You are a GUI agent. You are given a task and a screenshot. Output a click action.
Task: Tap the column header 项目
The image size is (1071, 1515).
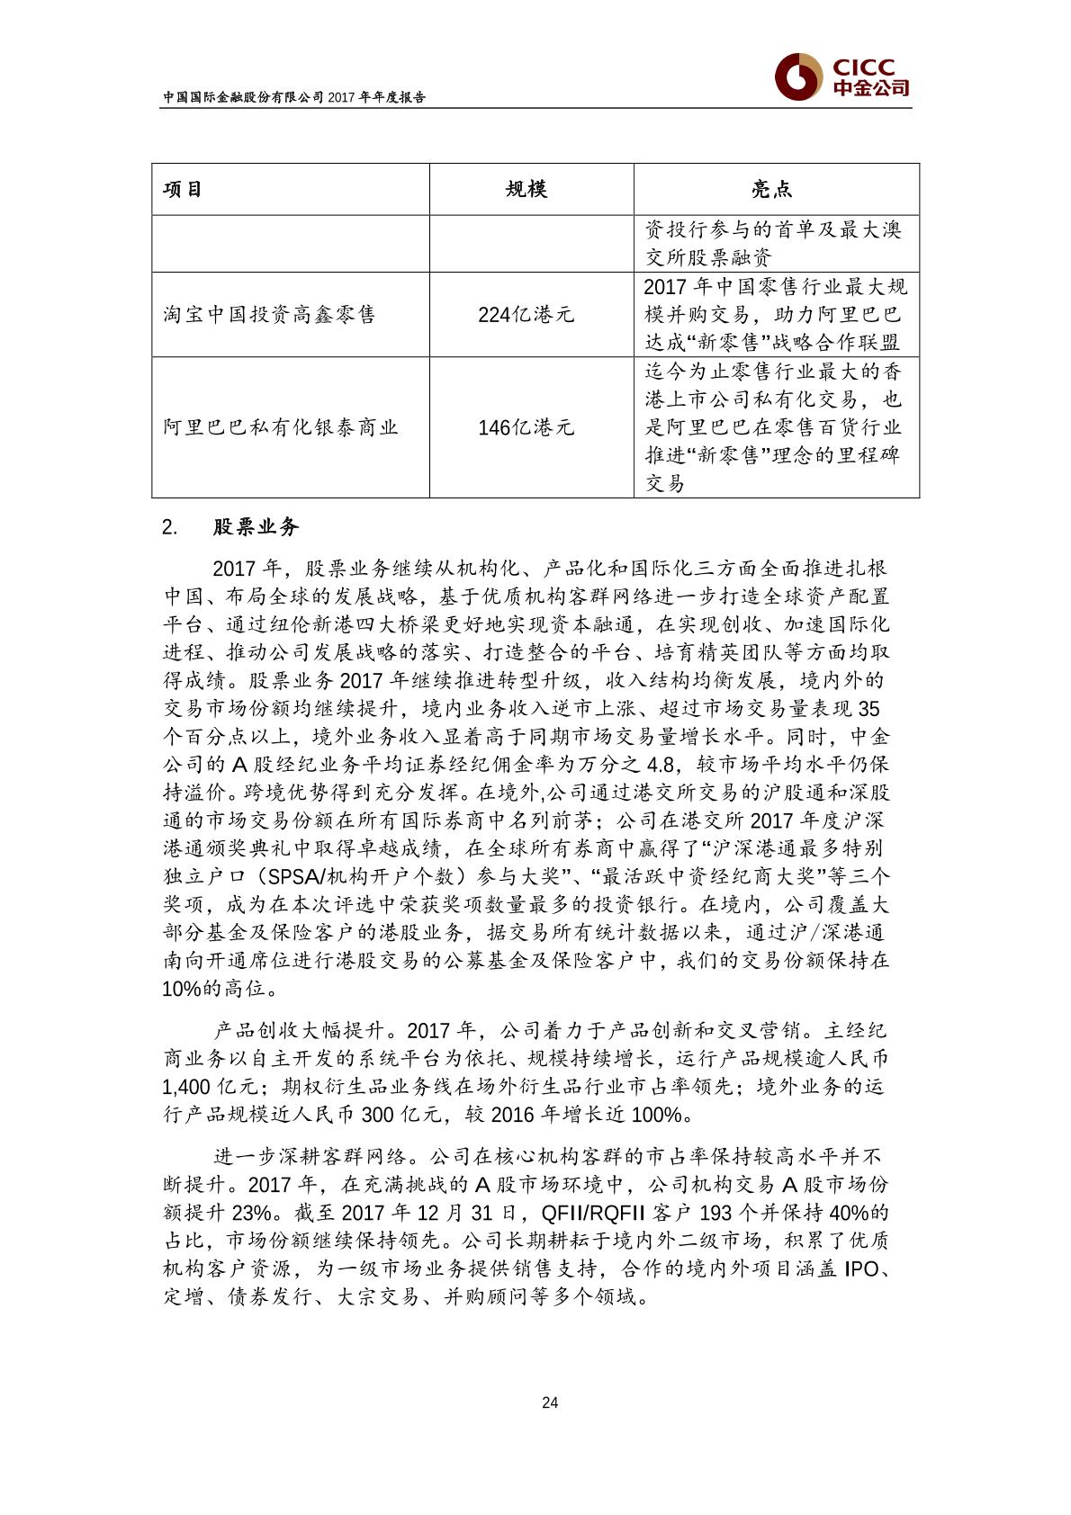(183, 189)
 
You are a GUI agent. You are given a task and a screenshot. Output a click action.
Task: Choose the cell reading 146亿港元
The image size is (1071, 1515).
(526, 427)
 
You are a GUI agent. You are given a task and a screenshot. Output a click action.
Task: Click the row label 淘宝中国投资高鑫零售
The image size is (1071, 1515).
(257, 315)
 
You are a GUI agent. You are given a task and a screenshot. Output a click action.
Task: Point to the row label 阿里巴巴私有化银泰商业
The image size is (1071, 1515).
(281, 427)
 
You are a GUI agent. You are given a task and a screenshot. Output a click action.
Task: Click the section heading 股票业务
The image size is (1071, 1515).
(256, 527)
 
